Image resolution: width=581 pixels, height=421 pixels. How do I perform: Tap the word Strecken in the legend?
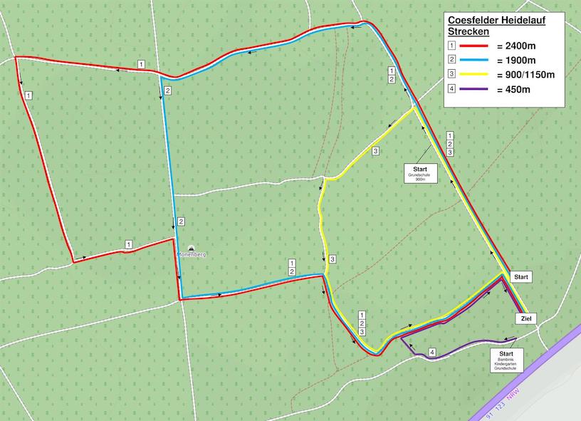click(468, 32)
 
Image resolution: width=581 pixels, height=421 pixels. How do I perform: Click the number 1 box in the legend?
click(452, 44)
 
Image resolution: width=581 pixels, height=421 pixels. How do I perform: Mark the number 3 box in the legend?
click(452, 74)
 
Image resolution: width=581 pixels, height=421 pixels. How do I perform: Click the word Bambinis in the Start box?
click(506, 359)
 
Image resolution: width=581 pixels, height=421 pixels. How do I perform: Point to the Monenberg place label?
click(192, 254)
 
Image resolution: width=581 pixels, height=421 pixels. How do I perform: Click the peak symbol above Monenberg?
click(190, 246)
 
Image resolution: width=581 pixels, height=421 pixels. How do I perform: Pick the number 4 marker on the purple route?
click(432, 352)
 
